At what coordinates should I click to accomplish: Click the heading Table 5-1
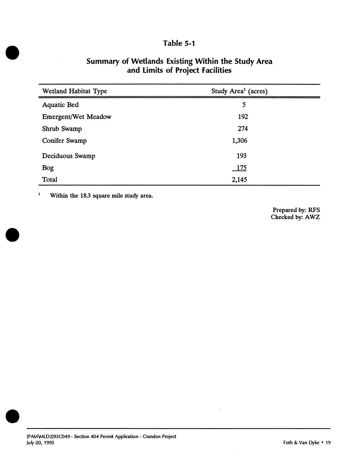(x=179, y=43)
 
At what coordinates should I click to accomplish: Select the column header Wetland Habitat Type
(x=74, y=91)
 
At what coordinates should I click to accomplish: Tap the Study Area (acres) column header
(x=239, y=91)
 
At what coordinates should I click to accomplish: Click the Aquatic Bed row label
(x=60, y=105)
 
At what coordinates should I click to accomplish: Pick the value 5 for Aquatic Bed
(x=244, y=105)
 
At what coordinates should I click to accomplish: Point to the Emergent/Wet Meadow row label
(x=77, y=117)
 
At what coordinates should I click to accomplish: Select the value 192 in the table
(x=243, y=117)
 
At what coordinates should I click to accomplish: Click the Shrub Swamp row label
(x=62, y=129)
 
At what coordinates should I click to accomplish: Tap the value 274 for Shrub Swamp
(x=243, y=129)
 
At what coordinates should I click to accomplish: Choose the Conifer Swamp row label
(x=64, y=141)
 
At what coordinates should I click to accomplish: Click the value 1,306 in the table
(x=240, y=141)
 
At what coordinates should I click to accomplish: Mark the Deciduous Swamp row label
(x=69, y=156)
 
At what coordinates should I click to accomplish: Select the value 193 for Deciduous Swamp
(x=242, y=156)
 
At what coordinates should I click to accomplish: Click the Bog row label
(x=48, y=168)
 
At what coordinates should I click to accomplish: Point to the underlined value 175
(x=241, y=168)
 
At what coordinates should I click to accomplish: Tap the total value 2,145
(x=239, y=180)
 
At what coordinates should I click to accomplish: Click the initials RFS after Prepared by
(x=314, y=210)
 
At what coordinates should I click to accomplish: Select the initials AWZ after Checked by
(x=312, y=217)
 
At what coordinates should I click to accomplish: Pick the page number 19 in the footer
(x=328, y=443)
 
